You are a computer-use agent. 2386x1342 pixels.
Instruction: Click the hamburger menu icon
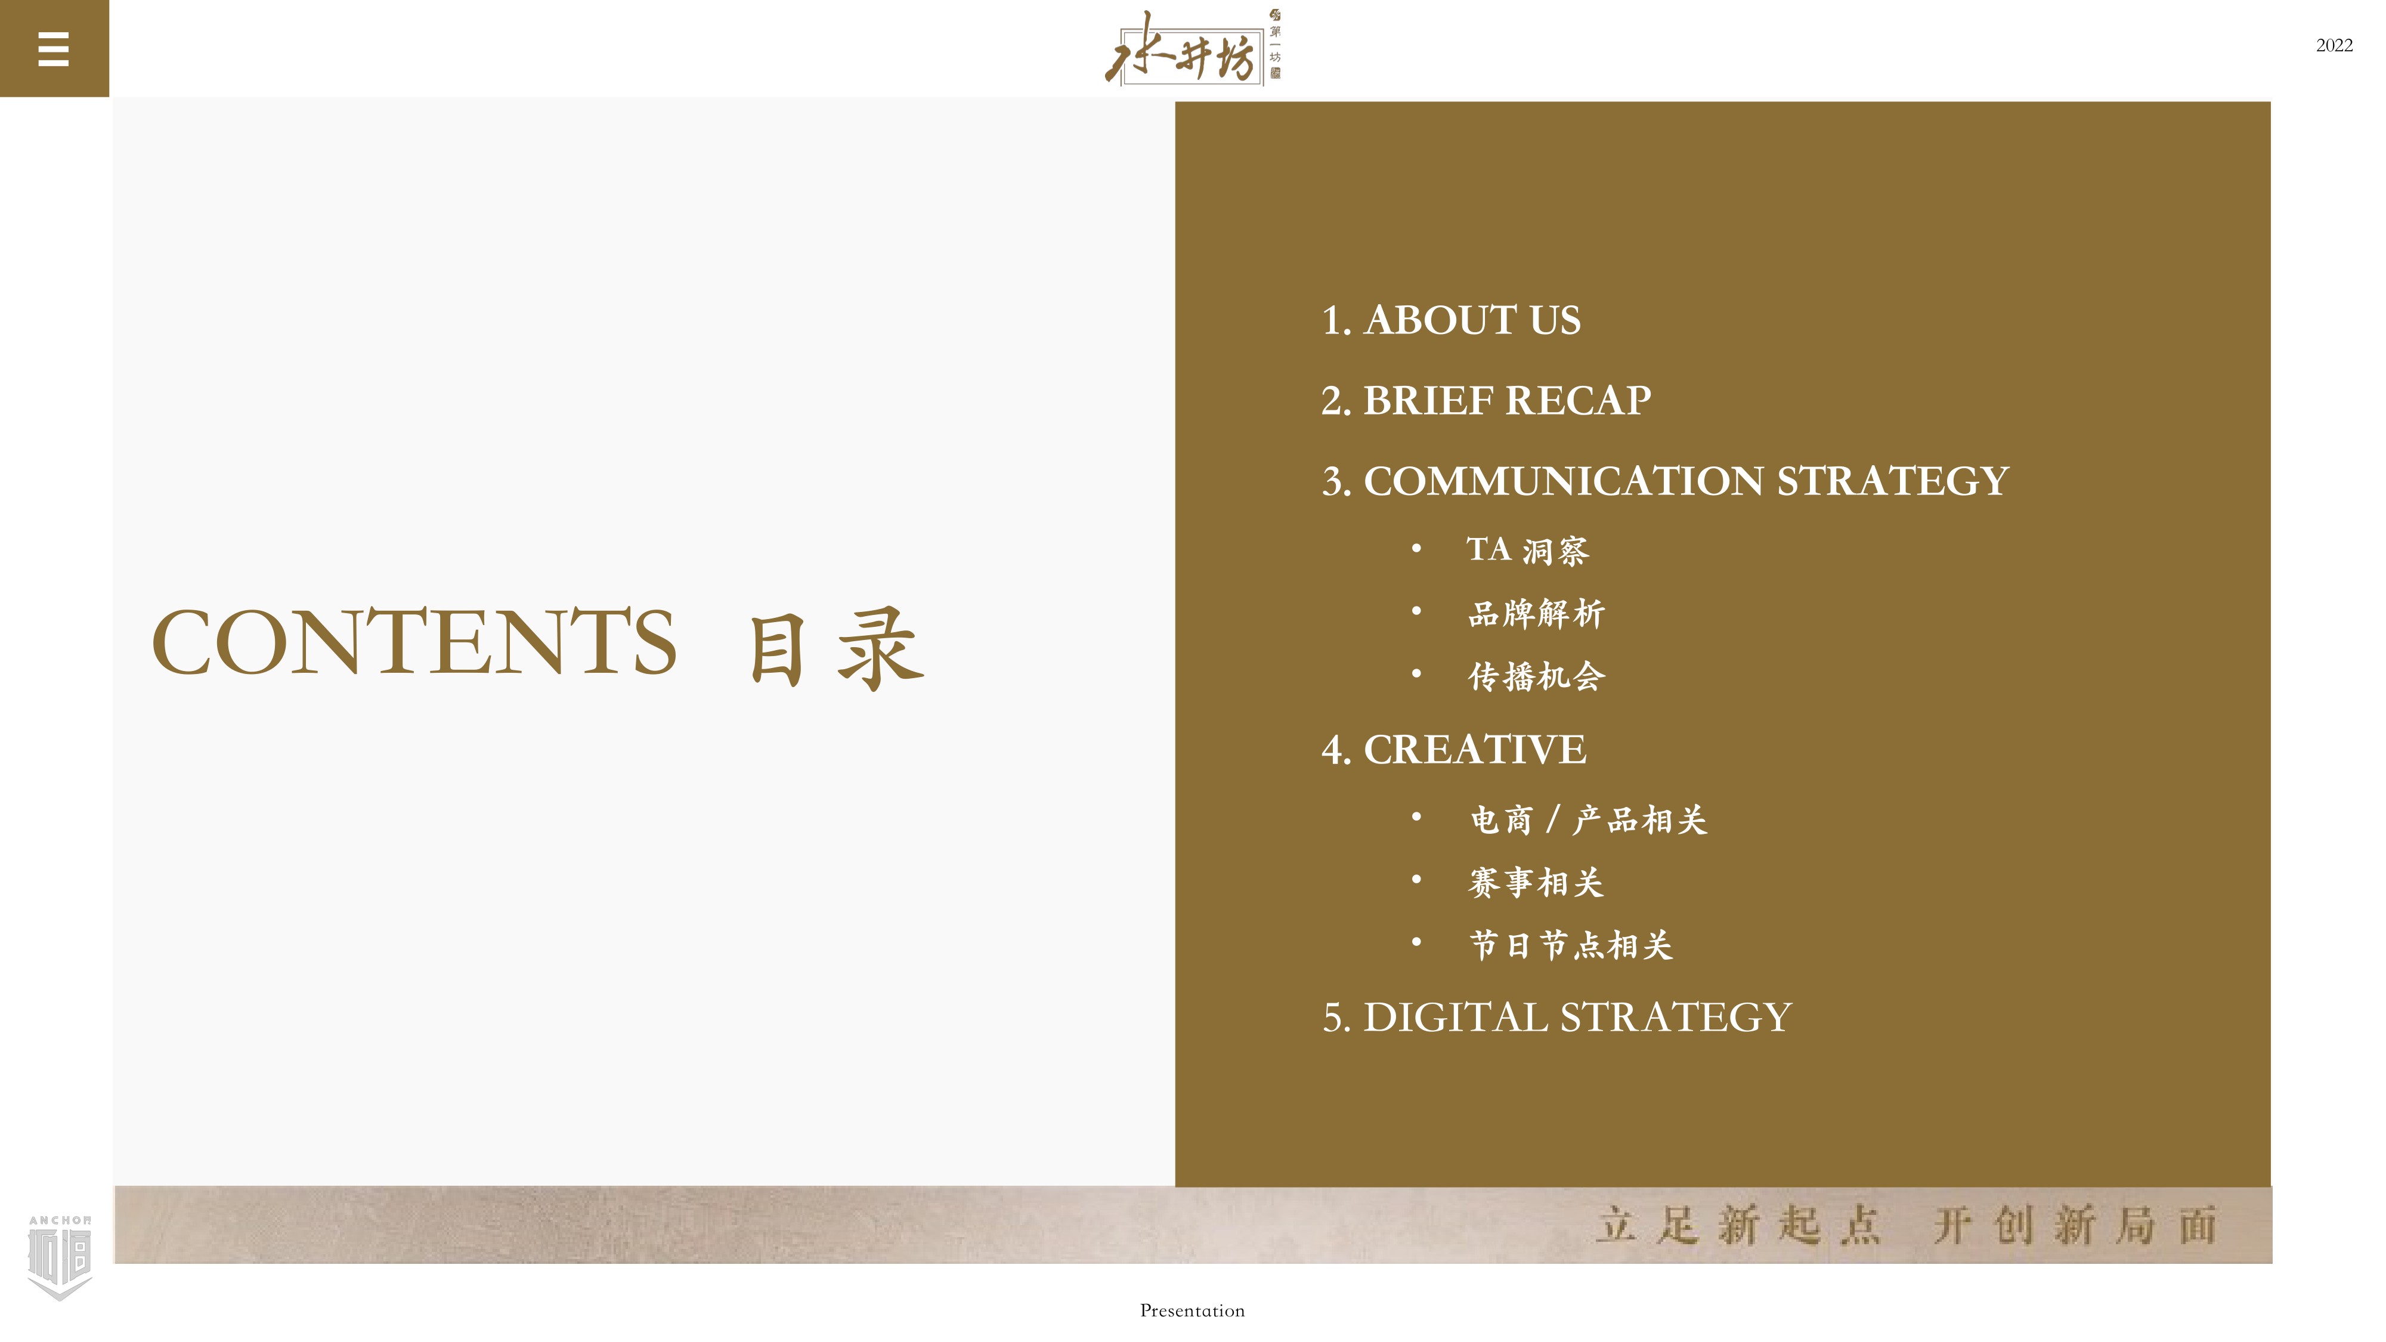[x=54, y=49]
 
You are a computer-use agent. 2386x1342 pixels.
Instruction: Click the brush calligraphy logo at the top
[x=1192, y=48]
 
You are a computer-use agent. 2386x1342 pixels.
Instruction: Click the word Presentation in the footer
[x=1192, y=1310]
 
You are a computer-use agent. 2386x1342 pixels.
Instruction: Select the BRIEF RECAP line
[x=1486, y=401]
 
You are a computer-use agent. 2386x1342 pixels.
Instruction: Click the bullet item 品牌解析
[x=1537, y=613]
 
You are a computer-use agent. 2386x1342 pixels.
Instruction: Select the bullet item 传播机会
[x=1537, y=676]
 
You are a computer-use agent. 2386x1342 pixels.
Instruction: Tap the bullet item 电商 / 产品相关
[x=1589, y=820]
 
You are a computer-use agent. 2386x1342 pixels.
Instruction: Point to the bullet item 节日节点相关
[x=1571, y=945]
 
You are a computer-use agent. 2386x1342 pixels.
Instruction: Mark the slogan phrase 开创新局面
[x=2075, y=1225]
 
